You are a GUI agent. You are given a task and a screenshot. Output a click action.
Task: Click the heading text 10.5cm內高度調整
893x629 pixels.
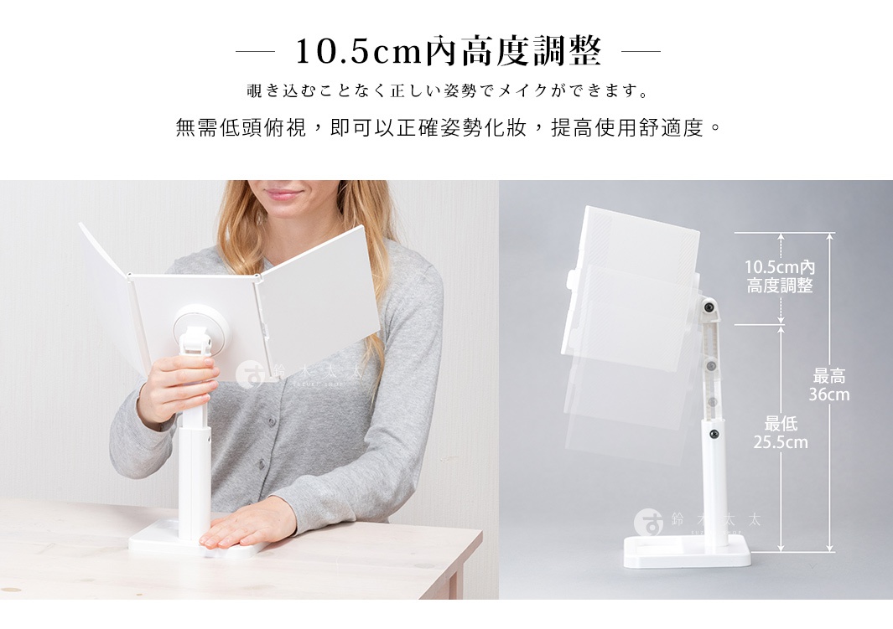tap(448, 52)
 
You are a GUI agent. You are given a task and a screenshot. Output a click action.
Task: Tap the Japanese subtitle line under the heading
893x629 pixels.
tap(448, 90)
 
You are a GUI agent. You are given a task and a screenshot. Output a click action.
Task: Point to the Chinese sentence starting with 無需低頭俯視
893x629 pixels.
tap(448, 129)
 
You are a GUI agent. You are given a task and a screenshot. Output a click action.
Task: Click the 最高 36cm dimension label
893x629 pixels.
tap(828, 385)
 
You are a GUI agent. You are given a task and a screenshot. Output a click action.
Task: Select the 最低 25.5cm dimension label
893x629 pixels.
tap(780, 433)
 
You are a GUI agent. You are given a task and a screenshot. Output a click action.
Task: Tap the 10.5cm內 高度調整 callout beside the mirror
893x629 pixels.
tap(780, 276)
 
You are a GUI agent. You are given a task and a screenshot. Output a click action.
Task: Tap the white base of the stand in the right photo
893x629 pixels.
tap(687, 552)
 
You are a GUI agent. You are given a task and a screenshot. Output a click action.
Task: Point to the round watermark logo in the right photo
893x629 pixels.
tap(648, 522)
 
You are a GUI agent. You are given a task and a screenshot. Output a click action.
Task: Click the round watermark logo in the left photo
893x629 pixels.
tap(248, 375)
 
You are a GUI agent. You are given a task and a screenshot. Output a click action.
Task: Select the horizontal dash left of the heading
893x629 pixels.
tap(255, 52)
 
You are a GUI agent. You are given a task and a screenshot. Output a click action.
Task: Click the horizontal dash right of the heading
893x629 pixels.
tap(641, 52)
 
